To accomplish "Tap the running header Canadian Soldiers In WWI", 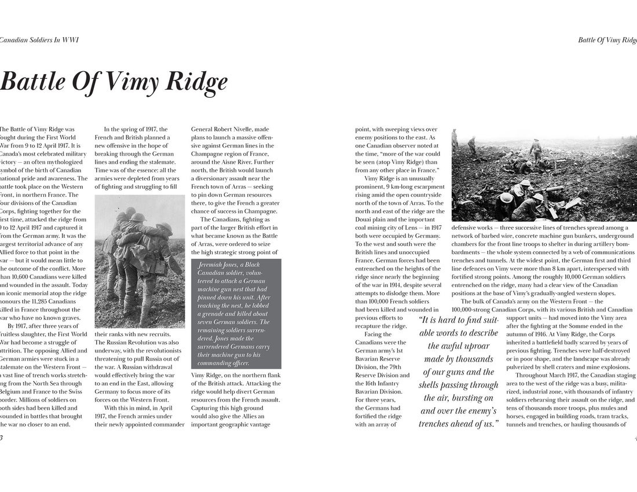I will click(x=39, y=40).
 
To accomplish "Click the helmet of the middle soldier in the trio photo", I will click(x=138, y=218).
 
